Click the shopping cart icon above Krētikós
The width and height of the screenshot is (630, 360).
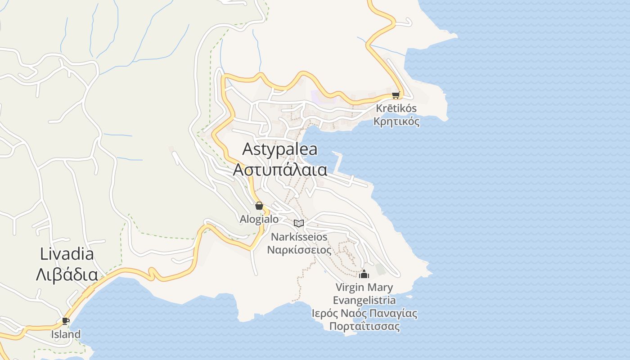(396, 95)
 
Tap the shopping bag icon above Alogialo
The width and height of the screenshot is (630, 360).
(259, 206)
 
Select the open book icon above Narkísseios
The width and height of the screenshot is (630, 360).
(299, 223)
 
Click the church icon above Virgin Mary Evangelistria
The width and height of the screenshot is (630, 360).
(364, 274)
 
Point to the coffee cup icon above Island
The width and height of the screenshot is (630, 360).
(66, 321)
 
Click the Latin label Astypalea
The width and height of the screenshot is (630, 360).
(279, 149)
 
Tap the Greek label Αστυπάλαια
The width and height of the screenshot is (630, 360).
(279, 170)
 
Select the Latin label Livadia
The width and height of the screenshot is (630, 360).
(67, 254)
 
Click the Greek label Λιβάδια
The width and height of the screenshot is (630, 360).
(67, 274)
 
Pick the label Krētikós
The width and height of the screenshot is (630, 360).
(396, 108)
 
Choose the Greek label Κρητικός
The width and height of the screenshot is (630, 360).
(396, 121)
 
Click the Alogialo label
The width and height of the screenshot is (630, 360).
(259, 219)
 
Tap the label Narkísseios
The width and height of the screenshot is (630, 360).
(299, 237)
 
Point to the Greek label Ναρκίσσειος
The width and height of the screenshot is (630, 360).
(299, 250)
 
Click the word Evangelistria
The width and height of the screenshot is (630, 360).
(364, 300)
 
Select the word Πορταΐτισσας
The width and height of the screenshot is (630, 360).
(364, 326)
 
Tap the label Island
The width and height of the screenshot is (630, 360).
(66, 334)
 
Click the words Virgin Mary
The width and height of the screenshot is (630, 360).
(364, 287)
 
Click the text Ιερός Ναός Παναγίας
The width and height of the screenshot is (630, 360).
(364, 313)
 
